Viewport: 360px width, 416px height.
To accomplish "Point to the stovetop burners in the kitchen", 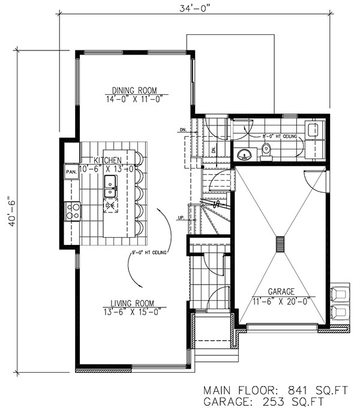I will pyautogui.click(x=73, y=210).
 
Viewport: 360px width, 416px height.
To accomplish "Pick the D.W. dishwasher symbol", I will pyautogui.click(x=110, y=206).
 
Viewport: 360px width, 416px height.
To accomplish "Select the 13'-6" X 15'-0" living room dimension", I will pyautogui.click(x=134, y=312).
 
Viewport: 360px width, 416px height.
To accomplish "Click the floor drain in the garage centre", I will pyautogui.click(x=279, y=244).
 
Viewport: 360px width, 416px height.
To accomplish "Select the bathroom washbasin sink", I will pyautogui.click(x=245, y=155).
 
